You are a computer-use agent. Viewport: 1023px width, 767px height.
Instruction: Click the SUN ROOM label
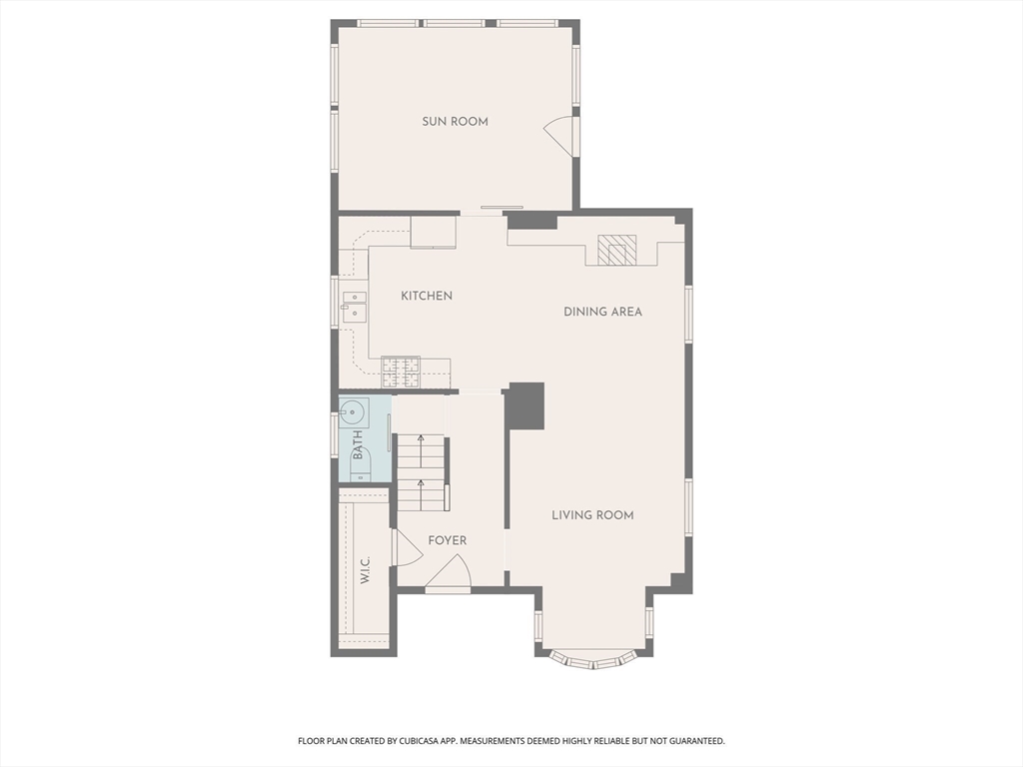point(455,121)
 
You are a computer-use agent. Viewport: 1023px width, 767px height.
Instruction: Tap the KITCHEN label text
point(427,296)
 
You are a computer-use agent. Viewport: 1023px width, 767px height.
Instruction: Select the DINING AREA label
point(602,312)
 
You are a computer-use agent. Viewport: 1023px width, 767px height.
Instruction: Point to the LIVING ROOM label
point(593,515)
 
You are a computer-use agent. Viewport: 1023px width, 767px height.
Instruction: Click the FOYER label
point(447,540)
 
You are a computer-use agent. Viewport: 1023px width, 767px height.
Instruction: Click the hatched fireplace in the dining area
point(616,250)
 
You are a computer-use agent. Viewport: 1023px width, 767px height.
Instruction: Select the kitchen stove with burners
point(401,372)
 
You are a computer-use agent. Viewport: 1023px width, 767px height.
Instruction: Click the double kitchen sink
point(354,306)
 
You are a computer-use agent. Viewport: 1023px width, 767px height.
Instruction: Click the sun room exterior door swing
point(560,136)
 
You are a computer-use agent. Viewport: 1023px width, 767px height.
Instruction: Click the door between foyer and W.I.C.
point(407,547)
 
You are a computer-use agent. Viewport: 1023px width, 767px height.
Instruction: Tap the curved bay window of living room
point(593,659)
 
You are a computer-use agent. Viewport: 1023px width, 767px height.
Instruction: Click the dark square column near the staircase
point(525,405)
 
